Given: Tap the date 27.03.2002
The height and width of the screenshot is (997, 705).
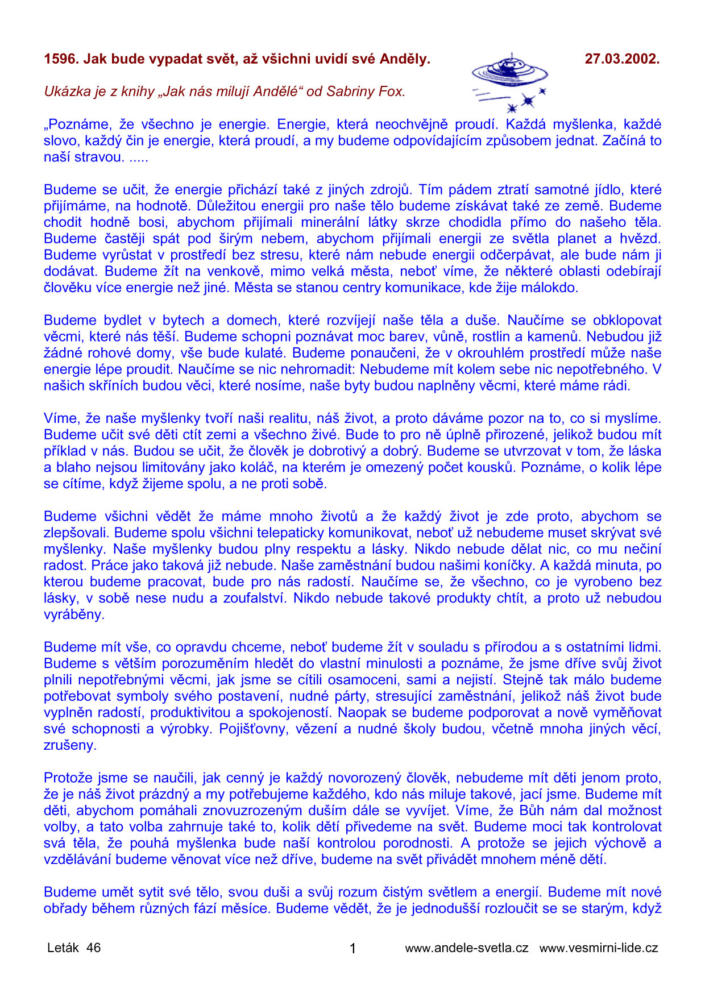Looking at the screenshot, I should coord(622,59).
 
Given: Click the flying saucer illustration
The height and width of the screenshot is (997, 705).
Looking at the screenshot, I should coord(509,80).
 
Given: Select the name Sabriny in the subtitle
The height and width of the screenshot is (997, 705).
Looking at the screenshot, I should coord(351,92).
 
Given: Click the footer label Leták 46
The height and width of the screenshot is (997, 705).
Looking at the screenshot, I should coord(74,948).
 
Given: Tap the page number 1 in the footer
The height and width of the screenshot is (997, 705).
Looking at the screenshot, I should coord(353,948).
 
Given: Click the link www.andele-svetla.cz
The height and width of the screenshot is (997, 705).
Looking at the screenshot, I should coord(467,948).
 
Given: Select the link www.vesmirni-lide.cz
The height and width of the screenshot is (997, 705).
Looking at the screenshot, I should coord(599,948).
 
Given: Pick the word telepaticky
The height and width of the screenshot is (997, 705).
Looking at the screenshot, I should coord(289,533).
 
